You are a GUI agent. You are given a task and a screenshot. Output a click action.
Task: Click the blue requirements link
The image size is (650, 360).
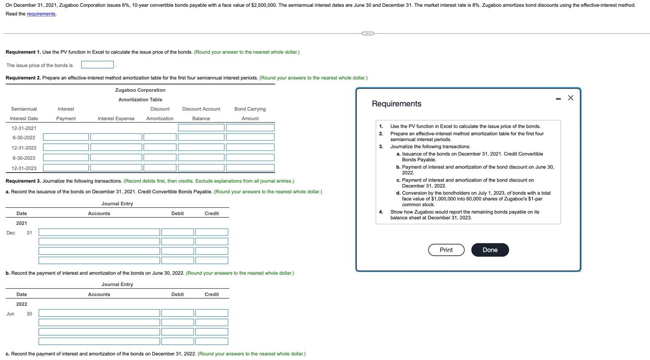click(41, 14)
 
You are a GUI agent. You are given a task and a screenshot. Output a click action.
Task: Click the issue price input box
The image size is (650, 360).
click(97, 65)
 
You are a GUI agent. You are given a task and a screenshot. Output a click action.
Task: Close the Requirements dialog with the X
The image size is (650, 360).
click(570, 98)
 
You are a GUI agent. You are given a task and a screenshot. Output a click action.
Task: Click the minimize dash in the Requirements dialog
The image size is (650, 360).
click(558, 99)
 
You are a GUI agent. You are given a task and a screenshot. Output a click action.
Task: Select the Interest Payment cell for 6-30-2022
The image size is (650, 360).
click(66, 138)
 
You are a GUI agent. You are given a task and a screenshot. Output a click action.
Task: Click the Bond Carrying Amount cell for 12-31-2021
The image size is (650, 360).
click(250, 128)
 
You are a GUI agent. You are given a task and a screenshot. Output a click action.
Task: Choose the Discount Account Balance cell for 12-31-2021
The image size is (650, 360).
click(201, 128)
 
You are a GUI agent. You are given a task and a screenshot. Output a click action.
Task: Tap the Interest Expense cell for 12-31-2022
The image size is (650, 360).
click(116, 148)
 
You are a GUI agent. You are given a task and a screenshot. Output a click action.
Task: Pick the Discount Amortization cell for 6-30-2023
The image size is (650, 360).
click(160, 158)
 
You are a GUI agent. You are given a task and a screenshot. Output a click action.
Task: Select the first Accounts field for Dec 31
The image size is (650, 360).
click(99, 232)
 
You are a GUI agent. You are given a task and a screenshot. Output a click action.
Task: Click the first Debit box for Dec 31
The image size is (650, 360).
click(178, 232)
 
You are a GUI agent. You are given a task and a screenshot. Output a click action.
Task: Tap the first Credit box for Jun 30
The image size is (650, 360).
click(211, 313)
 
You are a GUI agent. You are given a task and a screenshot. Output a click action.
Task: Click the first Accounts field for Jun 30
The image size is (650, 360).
click(99, 313)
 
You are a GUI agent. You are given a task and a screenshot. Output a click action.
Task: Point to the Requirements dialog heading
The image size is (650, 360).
click(396, 104)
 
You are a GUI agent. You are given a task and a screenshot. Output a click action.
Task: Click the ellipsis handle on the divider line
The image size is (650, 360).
click(367, 33)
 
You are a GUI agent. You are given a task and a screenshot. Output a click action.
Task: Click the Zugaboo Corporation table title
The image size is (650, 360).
click(140, 90)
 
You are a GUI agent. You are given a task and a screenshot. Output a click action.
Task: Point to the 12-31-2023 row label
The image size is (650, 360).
click(24, 168)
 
